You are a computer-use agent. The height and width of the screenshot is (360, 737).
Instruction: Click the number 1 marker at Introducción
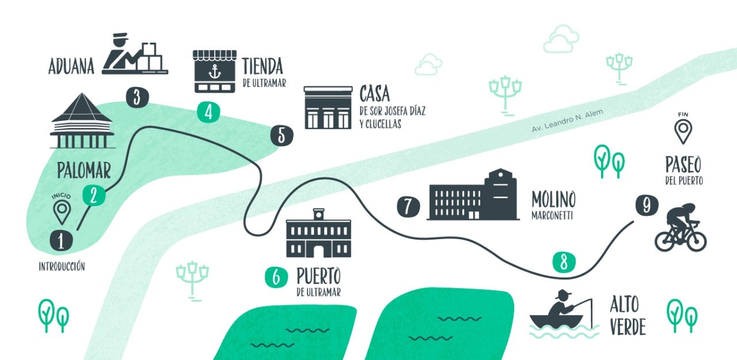click(61, 240)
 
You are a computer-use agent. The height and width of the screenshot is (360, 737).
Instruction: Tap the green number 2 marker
click(93, 195)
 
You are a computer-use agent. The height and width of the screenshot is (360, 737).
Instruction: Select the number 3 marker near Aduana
click(136, 97)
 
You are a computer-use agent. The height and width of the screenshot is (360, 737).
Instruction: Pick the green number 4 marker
click(208, 112)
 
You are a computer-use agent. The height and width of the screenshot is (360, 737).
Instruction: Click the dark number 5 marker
click(282, 135)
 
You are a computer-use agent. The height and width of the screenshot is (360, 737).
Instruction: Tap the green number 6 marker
click(276, 278)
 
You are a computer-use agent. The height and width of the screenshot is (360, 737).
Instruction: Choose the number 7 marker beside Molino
click(408, 206)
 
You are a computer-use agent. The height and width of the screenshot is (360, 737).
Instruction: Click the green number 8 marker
click(564, 262)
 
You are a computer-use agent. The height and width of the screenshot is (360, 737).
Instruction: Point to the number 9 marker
click(647, 205)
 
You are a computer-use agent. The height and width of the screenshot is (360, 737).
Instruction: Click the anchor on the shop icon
click(214, 72)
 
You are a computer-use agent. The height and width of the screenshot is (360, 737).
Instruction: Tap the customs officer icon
click(134, 55)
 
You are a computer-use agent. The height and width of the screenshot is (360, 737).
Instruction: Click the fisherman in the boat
click(561, 311)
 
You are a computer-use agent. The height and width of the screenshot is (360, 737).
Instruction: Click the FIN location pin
click(683, 131)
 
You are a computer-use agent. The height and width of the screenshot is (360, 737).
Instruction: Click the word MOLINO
click(553, 200)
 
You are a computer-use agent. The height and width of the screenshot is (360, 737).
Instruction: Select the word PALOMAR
click(84, 170)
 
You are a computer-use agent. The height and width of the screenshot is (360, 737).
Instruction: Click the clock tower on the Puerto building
click(318, 215)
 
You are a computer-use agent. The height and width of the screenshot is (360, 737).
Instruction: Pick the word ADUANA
click(71, 67)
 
